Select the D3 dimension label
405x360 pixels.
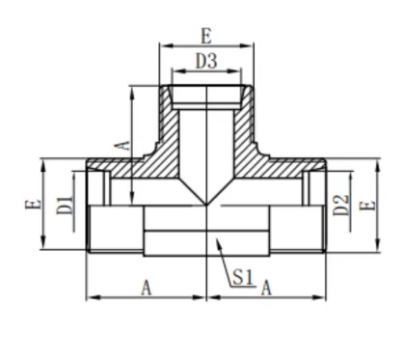tap(205, 60)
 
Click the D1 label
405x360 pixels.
tap(65, 205)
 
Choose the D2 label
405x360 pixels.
tap(339, 205)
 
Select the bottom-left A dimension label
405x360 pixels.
tap(147, 288)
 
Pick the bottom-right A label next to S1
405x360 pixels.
tap(267, 288)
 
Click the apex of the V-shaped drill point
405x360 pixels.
tap(207, 205)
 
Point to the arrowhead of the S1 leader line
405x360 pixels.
tap(219, 241)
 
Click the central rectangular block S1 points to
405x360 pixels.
tap(207, 232)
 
